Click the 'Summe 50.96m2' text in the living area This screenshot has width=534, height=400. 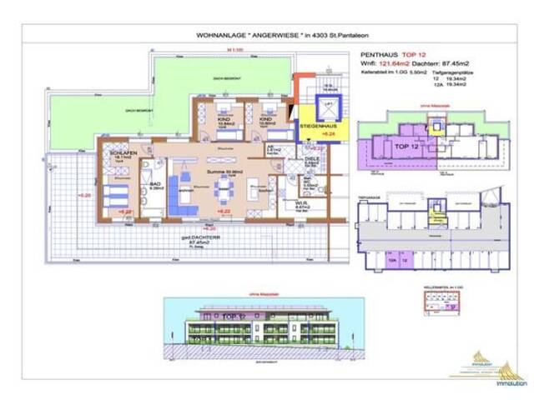point(224,171)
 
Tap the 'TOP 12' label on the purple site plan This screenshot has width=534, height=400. point(407,145)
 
